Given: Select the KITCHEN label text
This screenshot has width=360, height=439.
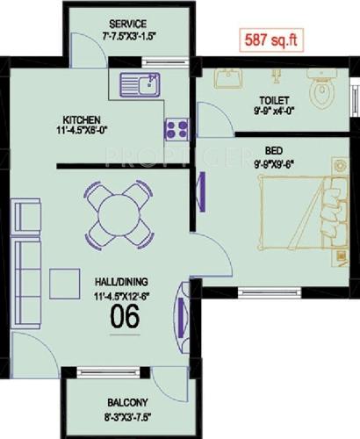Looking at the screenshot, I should (x=81, y=119).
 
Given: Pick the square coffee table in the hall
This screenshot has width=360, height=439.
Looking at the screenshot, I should (x=66, y=284).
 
